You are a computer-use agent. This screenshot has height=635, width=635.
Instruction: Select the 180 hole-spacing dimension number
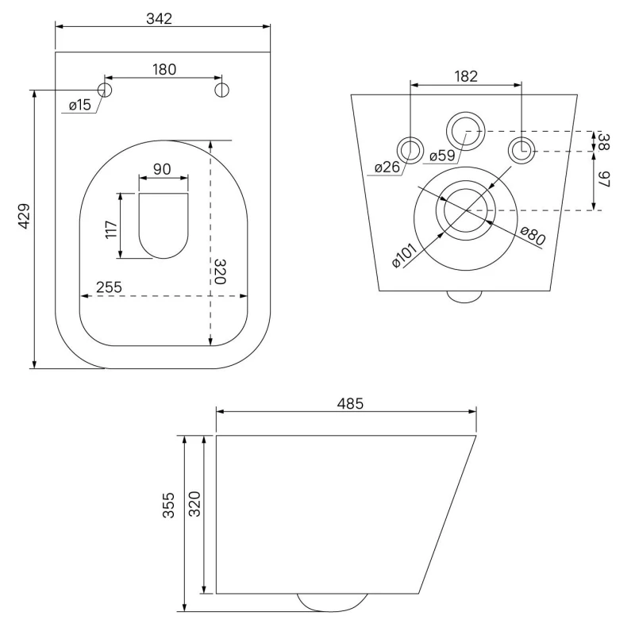[164, 70]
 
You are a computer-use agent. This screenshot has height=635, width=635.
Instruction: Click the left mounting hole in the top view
[105, 89]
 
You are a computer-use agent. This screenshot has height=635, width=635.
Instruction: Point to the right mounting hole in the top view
[222, 89]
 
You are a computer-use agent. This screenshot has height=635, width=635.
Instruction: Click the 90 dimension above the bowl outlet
[163, 169]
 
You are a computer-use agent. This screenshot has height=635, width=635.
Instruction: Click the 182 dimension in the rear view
[466, 76]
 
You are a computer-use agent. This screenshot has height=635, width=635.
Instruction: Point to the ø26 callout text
[387, 167]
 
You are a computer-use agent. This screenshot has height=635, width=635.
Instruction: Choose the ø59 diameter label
[441, 156]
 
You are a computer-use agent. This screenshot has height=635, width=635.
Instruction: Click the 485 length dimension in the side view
[349, 403]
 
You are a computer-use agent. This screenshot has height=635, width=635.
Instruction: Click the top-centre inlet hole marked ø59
[464, 129]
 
